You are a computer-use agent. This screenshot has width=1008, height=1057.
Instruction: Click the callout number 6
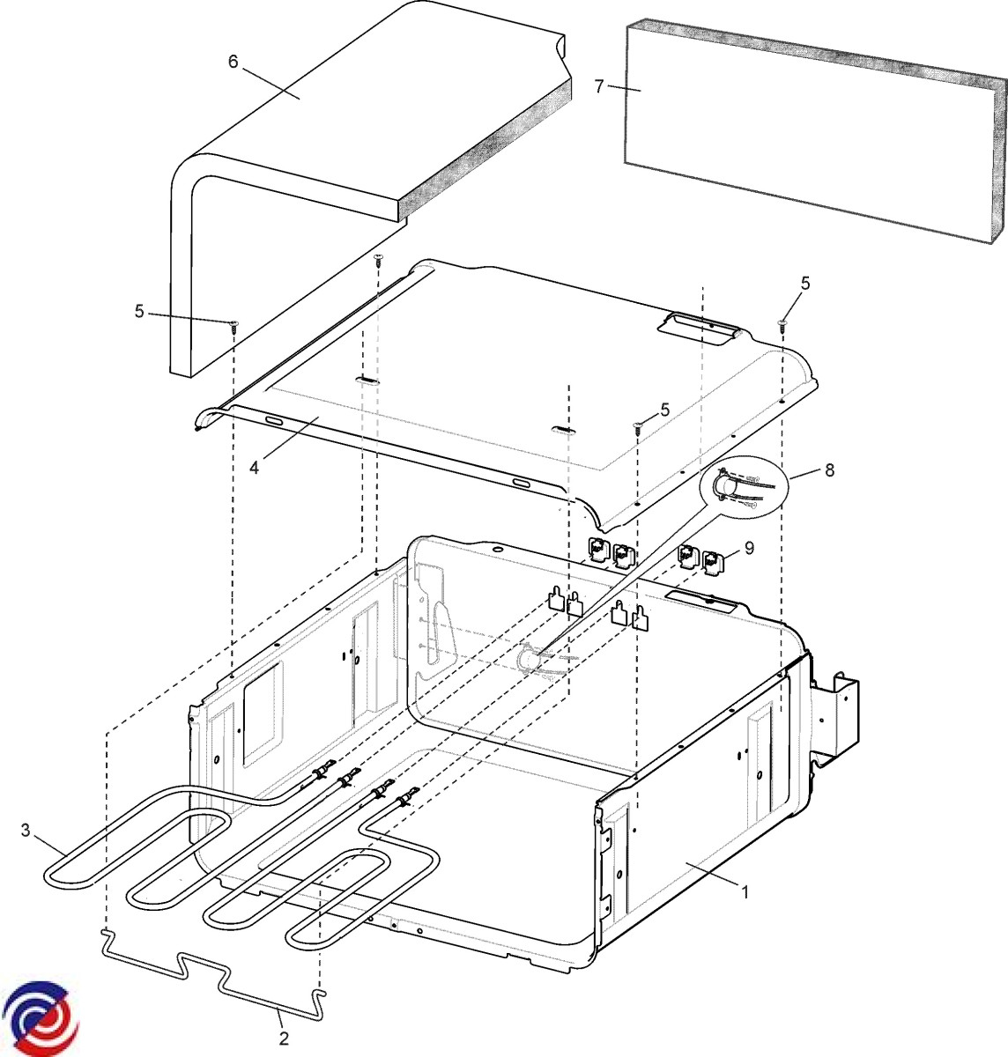coord(233,62)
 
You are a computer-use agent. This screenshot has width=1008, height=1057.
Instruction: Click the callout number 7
coord(600,86)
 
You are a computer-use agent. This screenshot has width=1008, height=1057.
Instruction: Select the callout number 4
coord(254,468)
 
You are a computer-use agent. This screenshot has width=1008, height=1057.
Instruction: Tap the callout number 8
coord(830,469)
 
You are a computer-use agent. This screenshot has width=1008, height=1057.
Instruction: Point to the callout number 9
coord(749,548)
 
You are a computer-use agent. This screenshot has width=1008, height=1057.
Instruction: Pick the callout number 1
coord(745,892)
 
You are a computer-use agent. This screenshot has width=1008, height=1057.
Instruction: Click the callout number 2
coord(284,1039)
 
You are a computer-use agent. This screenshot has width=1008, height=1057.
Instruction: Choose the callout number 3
coord(26,831)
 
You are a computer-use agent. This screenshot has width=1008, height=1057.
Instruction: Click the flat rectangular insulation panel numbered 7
coord(814,130)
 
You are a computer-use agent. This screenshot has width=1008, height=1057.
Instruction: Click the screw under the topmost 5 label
coord(782,324)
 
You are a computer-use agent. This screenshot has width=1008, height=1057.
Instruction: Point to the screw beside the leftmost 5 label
coord(233,326)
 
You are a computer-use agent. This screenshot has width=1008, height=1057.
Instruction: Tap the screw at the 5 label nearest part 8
coord(637,426)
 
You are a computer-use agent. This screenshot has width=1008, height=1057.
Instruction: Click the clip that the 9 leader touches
coord(714,562)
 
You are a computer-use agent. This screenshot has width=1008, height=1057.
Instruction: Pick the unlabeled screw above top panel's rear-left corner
coord(378,260)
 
